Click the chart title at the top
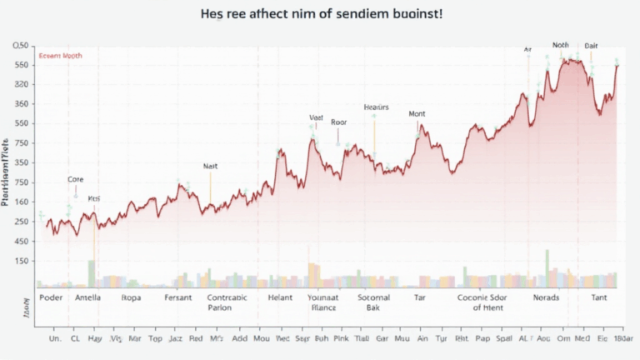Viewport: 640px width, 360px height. [320, 16]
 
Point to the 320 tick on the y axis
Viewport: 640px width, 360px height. [22, 84]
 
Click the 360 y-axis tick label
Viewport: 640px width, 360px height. [22, 104]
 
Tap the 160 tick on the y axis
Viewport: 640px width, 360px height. [22, 202]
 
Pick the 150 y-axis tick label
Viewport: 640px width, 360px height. [22, 261]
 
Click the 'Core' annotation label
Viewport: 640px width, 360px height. [76, 179]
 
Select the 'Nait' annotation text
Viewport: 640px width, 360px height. [211, 166]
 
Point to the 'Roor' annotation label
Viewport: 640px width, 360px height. [338, 122]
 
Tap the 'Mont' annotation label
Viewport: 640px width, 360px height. [417, 113]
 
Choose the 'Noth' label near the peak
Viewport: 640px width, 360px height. [561, 46]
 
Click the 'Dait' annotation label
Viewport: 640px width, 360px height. [591, 46]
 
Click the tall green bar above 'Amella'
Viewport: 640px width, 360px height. [92, 273]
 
